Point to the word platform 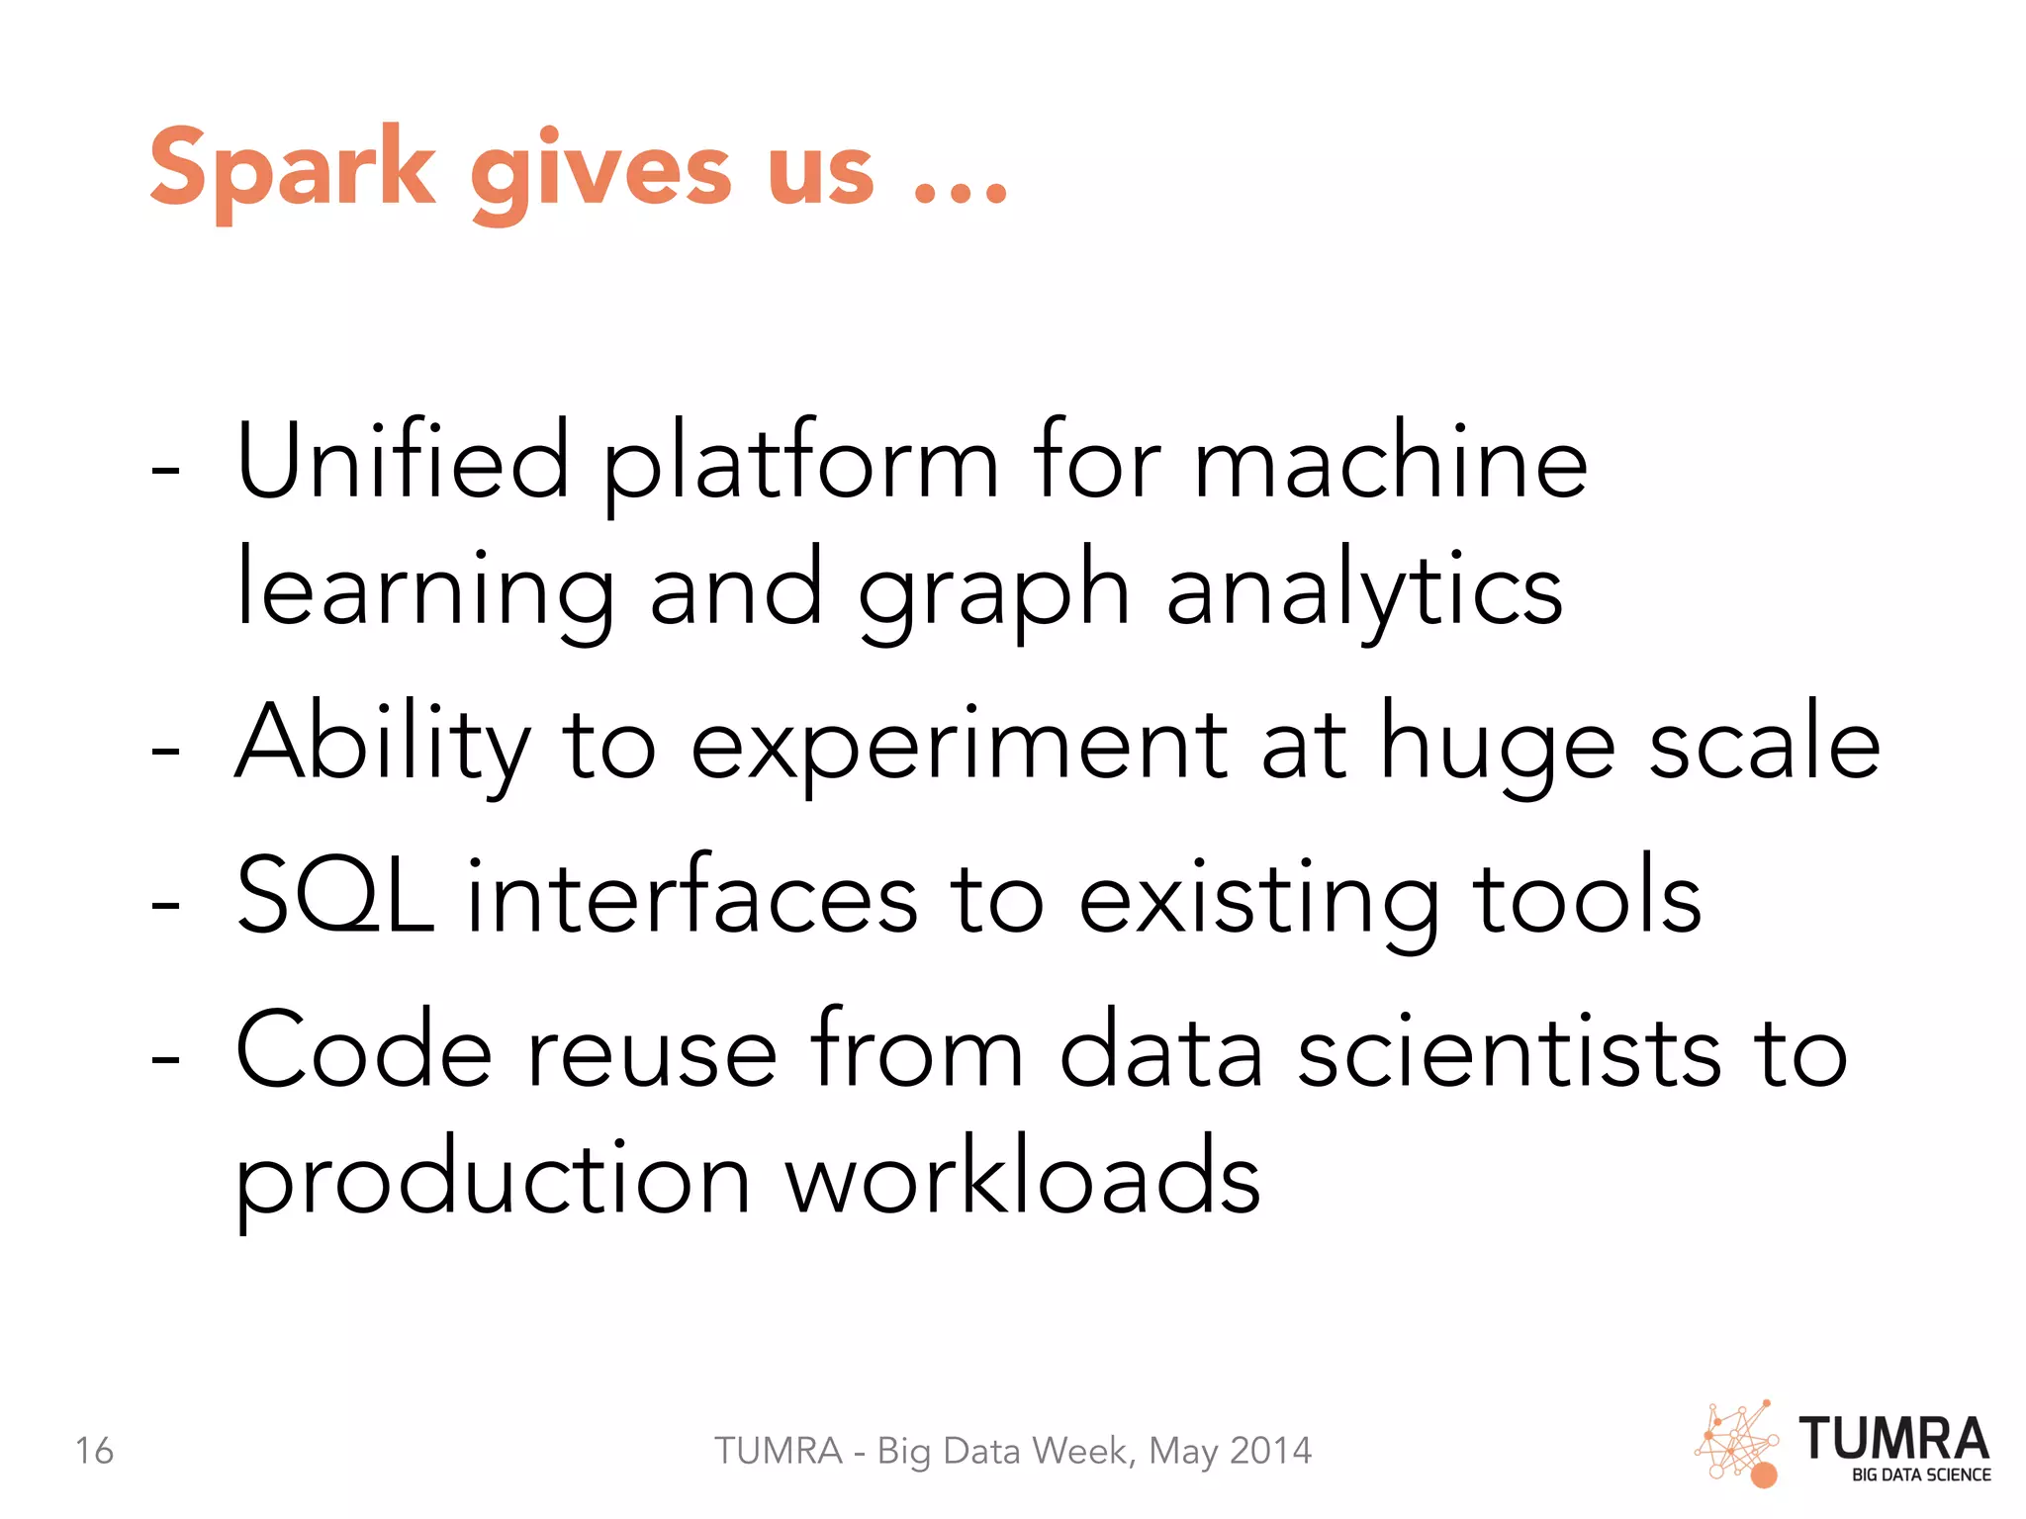[801, 465]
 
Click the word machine [1390, 461]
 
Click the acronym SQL [335, 896]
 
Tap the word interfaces [692, 896]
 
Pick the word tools [1588, 896]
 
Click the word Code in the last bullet [364, 1050]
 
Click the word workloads [1023, 1179]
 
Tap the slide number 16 [95, 1451]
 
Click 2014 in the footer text [1270, 1451]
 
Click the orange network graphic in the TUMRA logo [1737, 1445]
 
